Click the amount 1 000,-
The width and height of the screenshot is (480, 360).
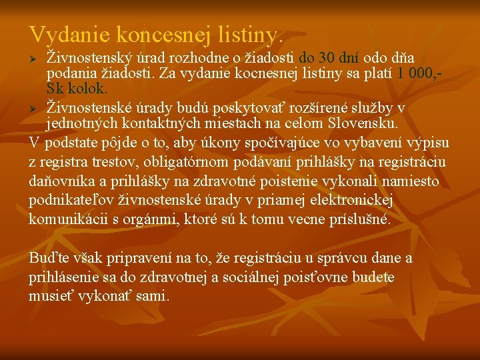[x=421, y=73]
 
